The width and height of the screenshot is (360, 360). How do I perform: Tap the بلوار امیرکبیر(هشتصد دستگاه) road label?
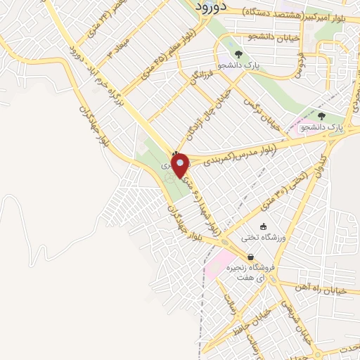point(301,13)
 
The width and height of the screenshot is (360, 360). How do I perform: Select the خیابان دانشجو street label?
point(271,36)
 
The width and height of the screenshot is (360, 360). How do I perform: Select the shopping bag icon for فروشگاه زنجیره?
point(251,257)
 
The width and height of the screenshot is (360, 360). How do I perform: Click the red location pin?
point(180,164)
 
